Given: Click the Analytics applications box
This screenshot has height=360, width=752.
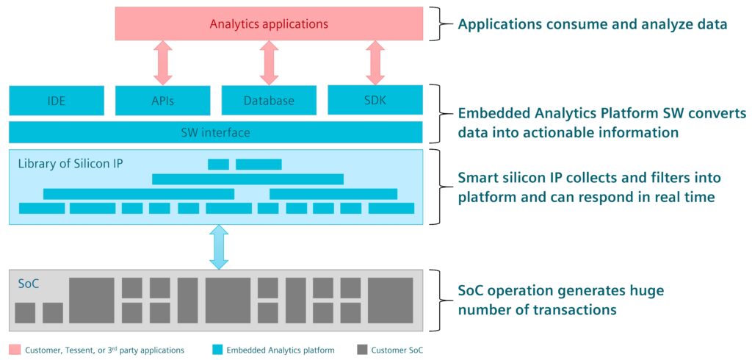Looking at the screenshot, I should coord(269,24).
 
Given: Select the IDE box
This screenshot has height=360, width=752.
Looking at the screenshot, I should coord(57,101).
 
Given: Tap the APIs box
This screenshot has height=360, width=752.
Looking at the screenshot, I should coord(163,101).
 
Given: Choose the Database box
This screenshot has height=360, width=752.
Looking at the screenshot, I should coord(269,101).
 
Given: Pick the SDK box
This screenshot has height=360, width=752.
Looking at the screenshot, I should coord(375,100).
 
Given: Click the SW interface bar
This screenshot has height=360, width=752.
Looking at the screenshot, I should coord(215,133).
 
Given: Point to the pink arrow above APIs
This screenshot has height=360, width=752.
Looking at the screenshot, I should coord(163,62).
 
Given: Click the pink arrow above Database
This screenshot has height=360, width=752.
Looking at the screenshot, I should coord(269,62).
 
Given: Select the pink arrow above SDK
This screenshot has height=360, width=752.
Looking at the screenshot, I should coord(375,62).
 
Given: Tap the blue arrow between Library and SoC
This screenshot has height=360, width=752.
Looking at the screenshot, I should coord(219,247).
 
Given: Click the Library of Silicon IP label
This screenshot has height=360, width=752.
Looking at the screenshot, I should coord(70,162).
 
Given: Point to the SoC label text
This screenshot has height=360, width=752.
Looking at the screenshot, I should coord(29,282).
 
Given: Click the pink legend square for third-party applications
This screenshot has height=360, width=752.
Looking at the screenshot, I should coord(15,350).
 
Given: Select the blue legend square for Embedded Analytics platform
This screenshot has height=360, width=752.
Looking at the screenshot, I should coord(217,350).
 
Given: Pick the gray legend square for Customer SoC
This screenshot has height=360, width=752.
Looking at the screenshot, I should coord(361,350).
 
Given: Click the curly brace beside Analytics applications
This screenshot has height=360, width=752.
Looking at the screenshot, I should coord(440,24).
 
